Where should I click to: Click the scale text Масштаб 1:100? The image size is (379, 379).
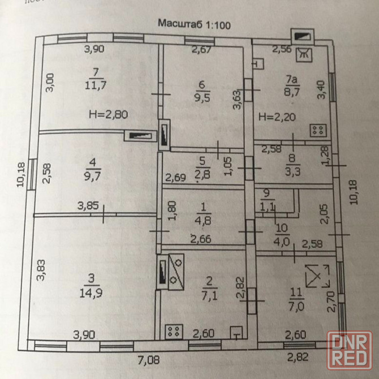click(x=194, y=24)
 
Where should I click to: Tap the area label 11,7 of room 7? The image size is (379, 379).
click(x=96, y=85)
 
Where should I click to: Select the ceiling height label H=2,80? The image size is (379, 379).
click(x=108, y=114)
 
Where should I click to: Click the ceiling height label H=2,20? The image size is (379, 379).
click(x=277, y=117)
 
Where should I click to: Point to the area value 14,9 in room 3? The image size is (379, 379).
click(x=91, y=293)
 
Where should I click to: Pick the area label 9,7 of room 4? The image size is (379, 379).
click(x=92, y=176)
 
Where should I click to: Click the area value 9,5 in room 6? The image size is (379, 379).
click(x=202, y=98)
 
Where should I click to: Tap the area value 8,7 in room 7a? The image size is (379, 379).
click(x=292, y=92)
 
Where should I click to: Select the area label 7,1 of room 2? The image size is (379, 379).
click(x=209, y=296)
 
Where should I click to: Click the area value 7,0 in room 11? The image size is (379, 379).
click(x=296, y=307)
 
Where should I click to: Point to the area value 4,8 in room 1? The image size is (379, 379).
click(x=203, y=221)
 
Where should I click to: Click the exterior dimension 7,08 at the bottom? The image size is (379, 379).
click(x=149, y=360)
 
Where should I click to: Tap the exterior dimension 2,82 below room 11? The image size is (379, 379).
click(x=298, y=357)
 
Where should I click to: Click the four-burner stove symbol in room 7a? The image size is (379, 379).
click(x=318, y=131)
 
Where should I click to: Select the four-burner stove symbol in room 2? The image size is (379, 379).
click(x=174, y=331)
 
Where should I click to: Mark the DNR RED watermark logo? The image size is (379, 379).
click(x=350, y=350)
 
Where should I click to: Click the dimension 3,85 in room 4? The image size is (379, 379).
click(x=88, y=206)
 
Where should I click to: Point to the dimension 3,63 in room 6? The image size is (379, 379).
click(x=237, y=100)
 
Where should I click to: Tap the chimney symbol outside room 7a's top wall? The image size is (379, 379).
click(x=303, y=37)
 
